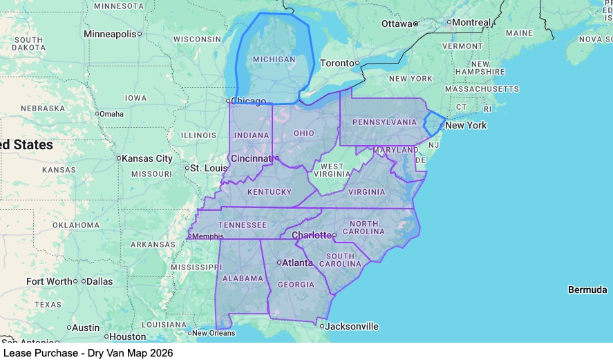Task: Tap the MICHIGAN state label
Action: (x=274, y=59)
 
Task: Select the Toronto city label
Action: (x=337, y=63)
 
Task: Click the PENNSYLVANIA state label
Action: (x=384, y=122)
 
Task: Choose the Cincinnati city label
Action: (x=251, y=158)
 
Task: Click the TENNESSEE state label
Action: (x=242, y=225)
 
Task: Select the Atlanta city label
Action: (x=297, y=263)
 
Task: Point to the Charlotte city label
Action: (x=311, y=236)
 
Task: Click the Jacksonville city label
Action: (x=352, y=326)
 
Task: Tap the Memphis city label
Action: (x=208, y=236)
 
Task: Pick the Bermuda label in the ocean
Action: (x=587, y=290)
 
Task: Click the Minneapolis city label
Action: (x=110, y=34)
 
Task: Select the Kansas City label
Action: (x=147, y=158)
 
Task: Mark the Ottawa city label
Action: (x=397, y=24)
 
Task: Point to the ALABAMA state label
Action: (x=243, y=278)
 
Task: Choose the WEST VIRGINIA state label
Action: (x=332, y=170)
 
